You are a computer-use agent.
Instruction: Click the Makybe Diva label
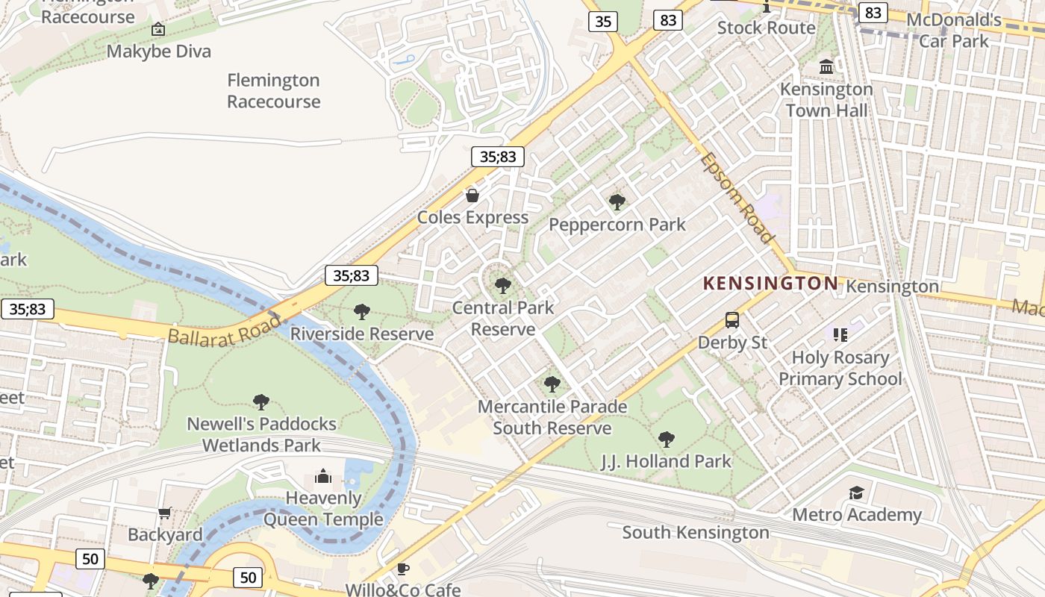tap(158, 51)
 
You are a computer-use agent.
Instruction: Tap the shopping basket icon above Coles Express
tap(472, 196)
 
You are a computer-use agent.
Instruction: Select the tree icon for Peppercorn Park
tap(617, 201)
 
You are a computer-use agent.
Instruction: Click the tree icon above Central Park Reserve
tap(503, 285)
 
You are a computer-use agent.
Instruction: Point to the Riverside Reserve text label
tap(362, 334)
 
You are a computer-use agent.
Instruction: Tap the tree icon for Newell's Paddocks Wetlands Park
tap(261, 402)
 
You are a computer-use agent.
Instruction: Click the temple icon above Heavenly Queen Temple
tap(323, 476)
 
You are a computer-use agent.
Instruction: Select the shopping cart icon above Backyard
tap(165, 513)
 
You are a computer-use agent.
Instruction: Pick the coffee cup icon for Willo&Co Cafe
tap(403, 569)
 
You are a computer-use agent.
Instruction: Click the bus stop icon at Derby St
tap(732, 320)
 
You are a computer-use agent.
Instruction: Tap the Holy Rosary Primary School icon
tap(840, 335)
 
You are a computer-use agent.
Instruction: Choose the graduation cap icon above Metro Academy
tap(856, 493)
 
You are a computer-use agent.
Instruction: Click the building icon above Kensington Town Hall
tap(826, 67)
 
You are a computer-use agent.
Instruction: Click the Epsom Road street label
tap(737, 198)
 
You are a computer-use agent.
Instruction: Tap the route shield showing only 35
tap(603, 22)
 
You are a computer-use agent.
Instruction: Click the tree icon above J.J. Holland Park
tap(667, 440)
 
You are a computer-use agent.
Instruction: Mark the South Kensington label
tap(695, 532)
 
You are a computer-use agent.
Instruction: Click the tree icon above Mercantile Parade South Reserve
tap(552, 384)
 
